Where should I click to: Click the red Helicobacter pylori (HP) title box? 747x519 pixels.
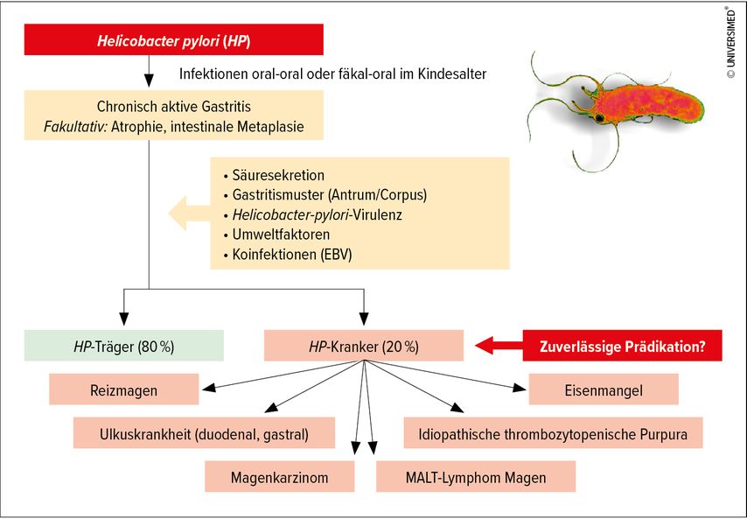pyautogui.click(x=174, y=39)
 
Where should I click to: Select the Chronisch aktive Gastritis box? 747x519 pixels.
pyautogui.click(x=174, y=115)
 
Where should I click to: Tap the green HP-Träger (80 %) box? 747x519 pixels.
pyautogui.click(x=124, y=346)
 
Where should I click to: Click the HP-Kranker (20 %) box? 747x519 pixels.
pyautogui.click(x=364, y=346)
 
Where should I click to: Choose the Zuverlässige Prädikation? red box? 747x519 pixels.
pyautogui.click(x=622, y=346)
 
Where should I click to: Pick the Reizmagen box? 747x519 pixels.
pyautogui.click(x=124, y=389)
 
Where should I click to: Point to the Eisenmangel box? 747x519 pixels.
pyautogui.click(x=604, y=389)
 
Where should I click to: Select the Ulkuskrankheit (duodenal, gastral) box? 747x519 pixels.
pyautogui.click(x=204, y=433)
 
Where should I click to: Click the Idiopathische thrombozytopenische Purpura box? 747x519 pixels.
pyautogui.click(x=553, y=433)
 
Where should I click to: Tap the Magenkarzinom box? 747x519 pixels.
pyautogui.click(x=280, y=476)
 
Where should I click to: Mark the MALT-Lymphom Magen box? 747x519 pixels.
pyautogui.click(x=476, y=476)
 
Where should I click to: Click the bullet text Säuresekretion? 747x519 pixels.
pyautogui.click(x=278, y=175)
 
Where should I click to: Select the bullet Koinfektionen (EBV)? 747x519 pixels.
pyautogui.click(x=292, y=254)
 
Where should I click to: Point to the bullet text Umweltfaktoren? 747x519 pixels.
pyautogui.click(x=281, y=234)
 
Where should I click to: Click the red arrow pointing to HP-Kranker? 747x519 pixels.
pyautogui.click(x=499, y=346)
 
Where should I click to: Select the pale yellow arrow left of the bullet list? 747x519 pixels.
pyautogui.click(x=190, y=213)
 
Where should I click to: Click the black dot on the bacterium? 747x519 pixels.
pyautogui.click(x=599, y=117)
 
